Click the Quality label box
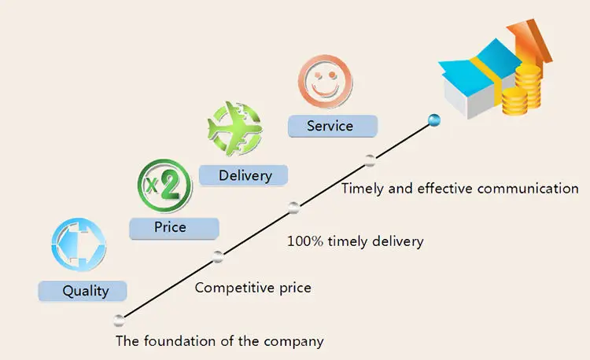85,291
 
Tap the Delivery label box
244,174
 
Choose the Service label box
332,126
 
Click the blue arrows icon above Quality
78,244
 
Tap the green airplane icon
233,128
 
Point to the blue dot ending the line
433,119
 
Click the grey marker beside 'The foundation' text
119,320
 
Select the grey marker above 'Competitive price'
218,255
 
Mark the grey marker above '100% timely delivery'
293,208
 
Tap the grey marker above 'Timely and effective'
370,161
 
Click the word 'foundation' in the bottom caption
177,341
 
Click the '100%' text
304,241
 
